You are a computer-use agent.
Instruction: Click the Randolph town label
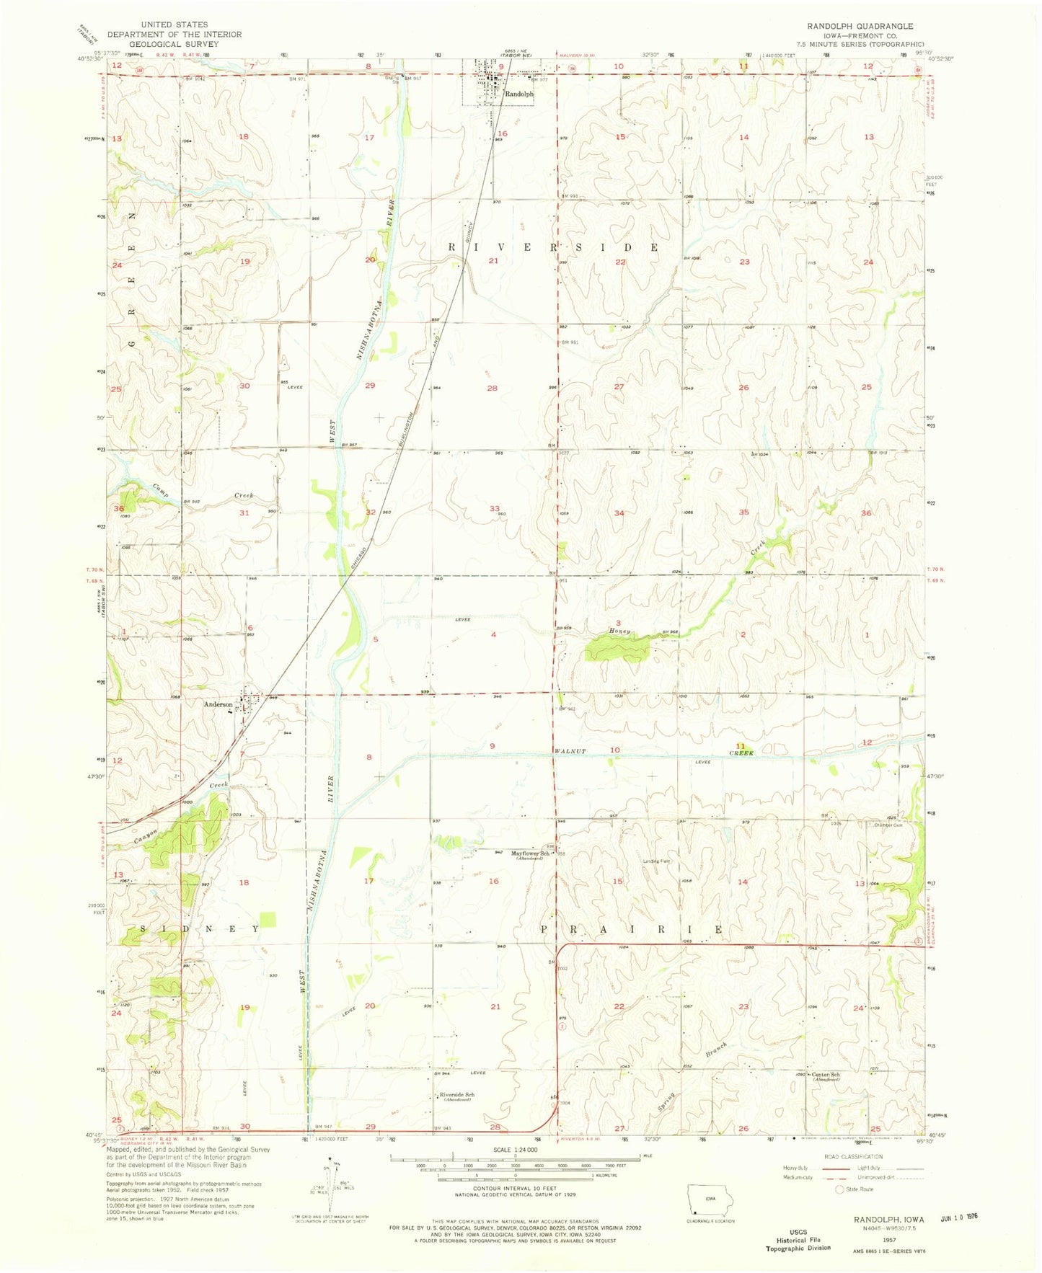518,94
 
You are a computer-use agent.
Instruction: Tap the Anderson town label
218,704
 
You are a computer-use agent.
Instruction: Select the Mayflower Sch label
531,853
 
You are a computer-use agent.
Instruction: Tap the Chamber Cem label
888,825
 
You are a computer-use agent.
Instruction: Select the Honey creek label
619,631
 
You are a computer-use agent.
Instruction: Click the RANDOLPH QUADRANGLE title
860,26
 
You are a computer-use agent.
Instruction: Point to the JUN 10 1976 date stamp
963,1215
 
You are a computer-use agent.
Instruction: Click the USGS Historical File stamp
798,1240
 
